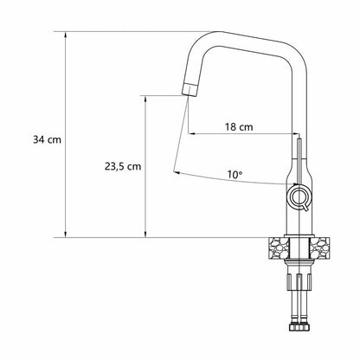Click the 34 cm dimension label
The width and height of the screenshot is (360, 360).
[x=47, y=140]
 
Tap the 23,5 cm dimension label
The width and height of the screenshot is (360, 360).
[x=123, y=166]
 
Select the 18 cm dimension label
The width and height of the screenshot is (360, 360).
[x=239, y=126]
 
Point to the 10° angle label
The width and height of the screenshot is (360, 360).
[x=235, y=174]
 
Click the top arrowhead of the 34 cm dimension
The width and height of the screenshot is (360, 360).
[x=66, y=35]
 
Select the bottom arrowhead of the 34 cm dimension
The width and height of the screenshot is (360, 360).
[x=66, y=234]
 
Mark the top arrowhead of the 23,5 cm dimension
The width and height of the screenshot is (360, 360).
[x=145, y=99]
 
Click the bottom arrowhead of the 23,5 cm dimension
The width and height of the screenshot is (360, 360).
[x=145, y=234]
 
